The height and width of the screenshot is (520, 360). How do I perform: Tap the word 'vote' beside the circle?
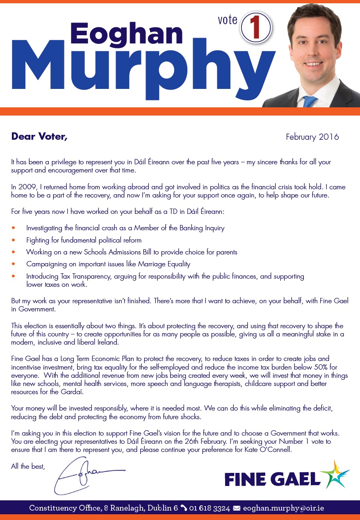coord(228,20)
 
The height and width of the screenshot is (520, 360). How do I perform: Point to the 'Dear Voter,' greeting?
coord(39,136)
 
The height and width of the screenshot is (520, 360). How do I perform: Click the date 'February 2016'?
coord(312,137)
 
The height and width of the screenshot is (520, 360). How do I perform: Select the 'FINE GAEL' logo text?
coord(272,479)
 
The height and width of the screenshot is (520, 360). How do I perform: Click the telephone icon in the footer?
coord(184,508)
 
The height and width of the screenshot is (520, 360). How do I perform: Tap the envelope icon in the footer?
coord(237,508)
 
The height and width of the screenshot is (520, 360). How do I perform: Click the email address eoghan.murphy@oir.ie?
coord(283,508)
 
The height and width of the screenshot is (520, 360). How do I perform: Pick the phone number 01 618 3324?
coord(210,508)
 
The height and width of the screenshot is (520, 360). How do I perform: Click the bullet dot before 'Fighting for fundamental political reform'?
coord(14,240)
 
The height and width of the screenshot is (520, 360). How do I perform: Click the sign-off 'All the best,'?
coord(28,466)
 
